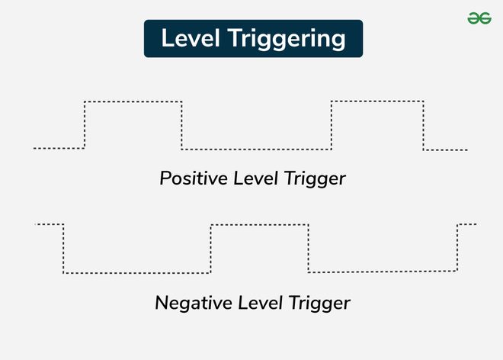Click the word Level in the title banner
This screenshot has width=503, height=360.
[191, 38]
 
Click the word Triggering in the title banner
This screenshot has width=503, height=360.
[287, 39]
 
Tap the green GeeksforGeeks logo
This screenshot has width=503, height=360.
[479, 18]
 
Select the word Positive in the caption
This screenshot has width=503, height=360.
[194, 178]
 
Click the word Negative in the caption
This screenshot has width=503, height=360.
[194, 303]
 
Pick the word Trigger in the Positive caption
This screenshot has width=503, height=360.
[315, 179]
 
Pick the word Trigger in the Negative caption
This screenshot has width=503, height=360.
[319, 304]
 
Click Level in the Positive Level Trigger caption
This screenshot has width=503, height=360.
[255, 178]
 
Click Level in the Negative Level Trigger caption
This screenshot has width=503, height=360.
[260, 303]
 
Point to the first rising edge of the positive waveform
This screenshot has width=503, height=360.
[85, 125]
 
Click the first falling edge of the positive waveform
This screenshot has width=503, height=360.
[181, 125]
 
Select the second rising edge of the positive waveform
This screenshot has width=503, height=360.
[332, 125]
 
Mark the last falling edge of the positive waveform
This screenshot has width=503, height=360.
[424, 125]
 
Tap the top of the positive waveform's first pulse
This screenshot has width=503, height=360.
[133, 101]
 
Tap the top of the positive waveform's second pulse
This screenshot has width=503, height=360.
[377, 101]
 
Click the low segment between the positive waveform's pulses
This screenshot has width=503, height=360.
[256, 149]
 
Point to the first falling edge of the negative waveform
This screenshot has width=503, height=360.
[63, 249]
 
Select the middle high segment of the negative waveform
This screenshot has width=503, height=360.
[260, 225]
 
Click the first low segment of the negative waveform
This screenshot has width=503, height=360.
[137, 273]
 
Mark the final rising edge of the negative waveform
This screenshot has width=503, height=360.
[457, 248]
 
